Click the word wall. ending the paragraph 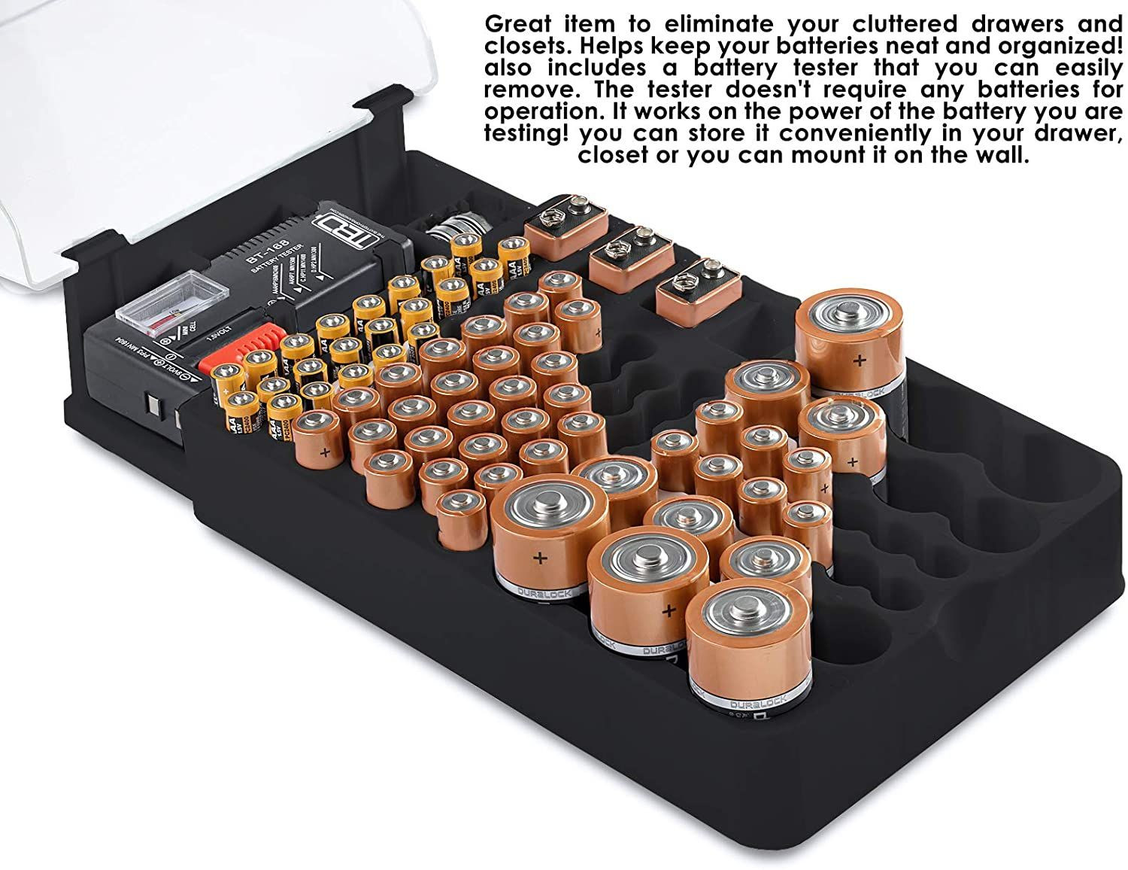coord(999,156)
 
